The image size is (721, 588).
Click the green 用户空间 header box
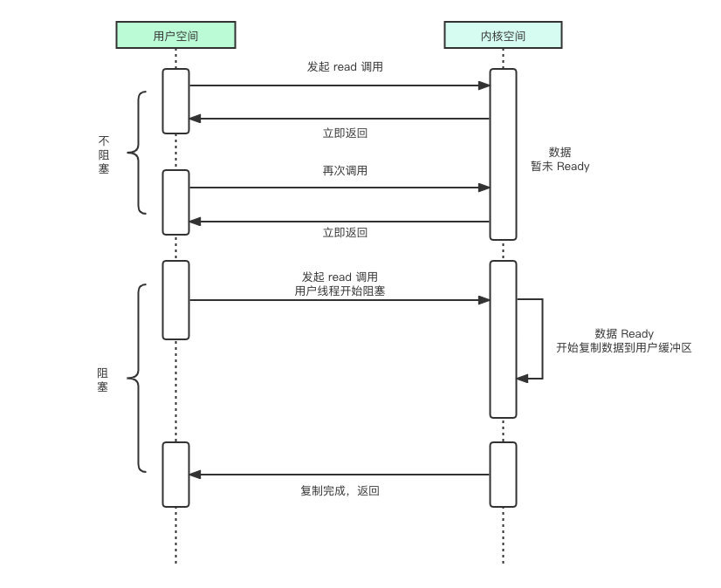(x=175, y=35)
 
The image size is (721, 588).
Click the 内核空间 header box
(x=503, y=35)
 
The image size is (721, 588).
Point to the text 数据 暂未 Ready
(x=560, y=159)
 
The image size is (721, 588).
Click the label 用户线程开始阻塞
(x=340, y=291)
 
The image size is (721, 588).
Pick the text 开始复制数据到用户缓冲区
(x=624, y=347)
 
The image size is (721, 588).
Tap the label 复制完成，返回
(x=340, y=491)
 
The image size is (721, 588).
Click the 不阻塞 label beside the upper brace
(x=104, y=154)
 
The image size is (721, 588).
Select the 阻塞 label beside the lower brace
(x=102, y=379)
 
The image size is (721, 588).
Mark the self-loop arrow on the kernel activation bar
(x=541, y=338)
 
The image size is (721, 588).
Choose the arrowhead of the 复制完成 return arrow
(x=196, y=475)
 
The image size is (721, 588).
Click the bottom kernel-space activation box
(x=503, y=474)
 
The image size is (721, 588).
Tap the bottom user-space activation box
(x=175, y=474)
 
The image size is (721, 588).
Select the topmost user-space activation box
(x=175, y=101)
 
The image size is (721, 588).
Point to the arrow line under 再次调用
(x=340, y=188)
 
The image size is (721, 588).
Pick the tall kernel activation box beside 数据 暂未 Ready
(x=503, y=154)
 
